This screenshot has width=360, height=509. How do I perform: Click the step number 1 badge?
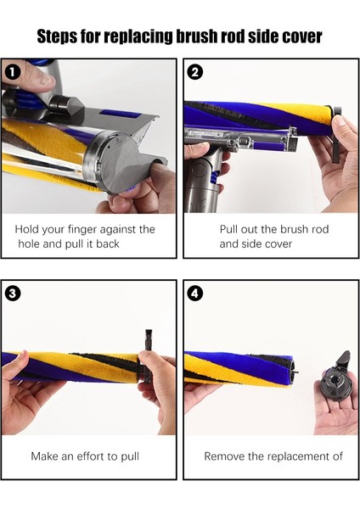(x=12, y=72)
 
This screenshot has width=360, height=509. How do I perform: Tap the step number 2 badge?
(x=194, y=72)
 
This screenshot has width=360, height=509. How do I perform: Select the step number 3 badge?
(x=12, y=294)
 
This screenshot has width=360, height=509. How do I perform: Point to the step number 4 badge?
(x=194, y=294)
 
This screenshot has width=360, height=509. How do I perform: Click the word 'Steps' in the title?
(x=57, y=36)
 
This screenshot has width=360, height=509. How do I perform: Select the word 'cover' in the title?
(x=302, y=36)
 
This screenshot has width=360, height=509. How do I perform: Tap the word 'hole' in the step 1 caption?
(x=29, y=243)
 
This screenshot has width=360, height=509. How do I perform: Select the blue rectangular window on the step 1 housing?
(x=120, y=114)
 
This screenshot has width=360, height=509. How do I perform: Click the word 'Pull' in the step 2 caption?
(x=228, y=229)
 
